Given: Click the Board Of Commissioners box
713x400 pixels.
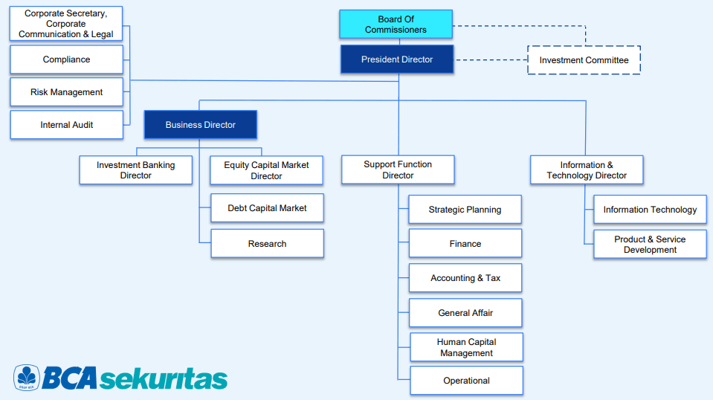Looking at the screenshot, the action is (396, 24).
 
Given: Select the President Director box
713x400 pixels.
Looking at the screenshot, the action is (397, 59).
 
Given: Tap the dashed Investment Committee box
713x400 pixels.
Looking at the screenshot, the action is (584, 60).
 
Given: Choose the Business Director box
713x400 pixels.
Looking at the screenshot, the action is (201, 125).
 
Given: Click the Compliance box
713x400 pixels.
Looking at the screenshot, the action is (66, 59).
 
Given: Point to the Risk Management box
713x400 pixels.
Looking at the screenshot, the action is (66, 92).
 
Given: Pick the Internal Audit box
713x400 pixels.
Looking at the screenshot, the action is (66, 125).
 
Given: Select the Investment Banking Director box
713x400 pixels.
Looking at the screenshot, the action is (135, 170).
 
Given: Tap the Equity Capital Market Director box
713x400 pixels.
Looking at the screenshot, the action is (266, 170).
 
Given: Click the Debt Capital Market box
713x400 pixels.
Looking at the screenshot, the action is (268, 208).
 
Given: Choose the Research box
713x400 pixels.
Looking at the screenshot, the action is (268, 244).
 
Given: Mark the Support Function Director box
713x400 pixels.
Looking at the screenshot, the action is (398, 170).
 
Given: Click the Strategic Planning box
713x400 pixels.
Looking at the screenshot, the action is (465, 210).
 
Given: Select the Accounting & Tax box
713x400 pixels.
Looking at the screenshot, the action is (465, 278).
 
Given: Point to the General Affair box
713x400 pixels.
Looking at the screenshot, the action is (465, 313).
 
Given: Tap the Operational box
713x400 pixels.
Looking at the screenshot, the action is (467, 381).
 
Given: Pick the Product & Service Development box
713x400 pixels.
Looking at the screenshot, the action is (651, 244).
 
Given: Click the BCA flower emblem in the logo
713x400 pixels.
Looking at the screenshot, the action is (27, 377).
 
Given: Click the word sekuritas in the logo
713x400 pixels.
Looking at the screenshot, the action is (164, 378).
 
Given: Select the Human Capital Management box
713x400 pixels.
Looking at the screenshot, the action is (467, 347).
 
